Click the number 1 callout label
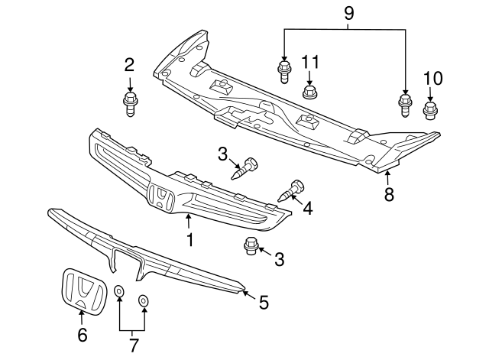coord(189,240)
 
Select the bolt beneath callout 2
coord(129,102)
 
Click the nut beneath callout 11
coord(309,93)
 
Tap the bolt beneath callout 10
coord(429,112)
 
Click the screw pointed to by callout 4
coord(294,189)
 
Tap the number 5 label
coord(264,302)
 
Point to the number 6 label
coord(82,334)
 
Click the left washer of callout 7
coord(119,292)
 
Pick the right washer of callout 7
coord(144,300)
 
